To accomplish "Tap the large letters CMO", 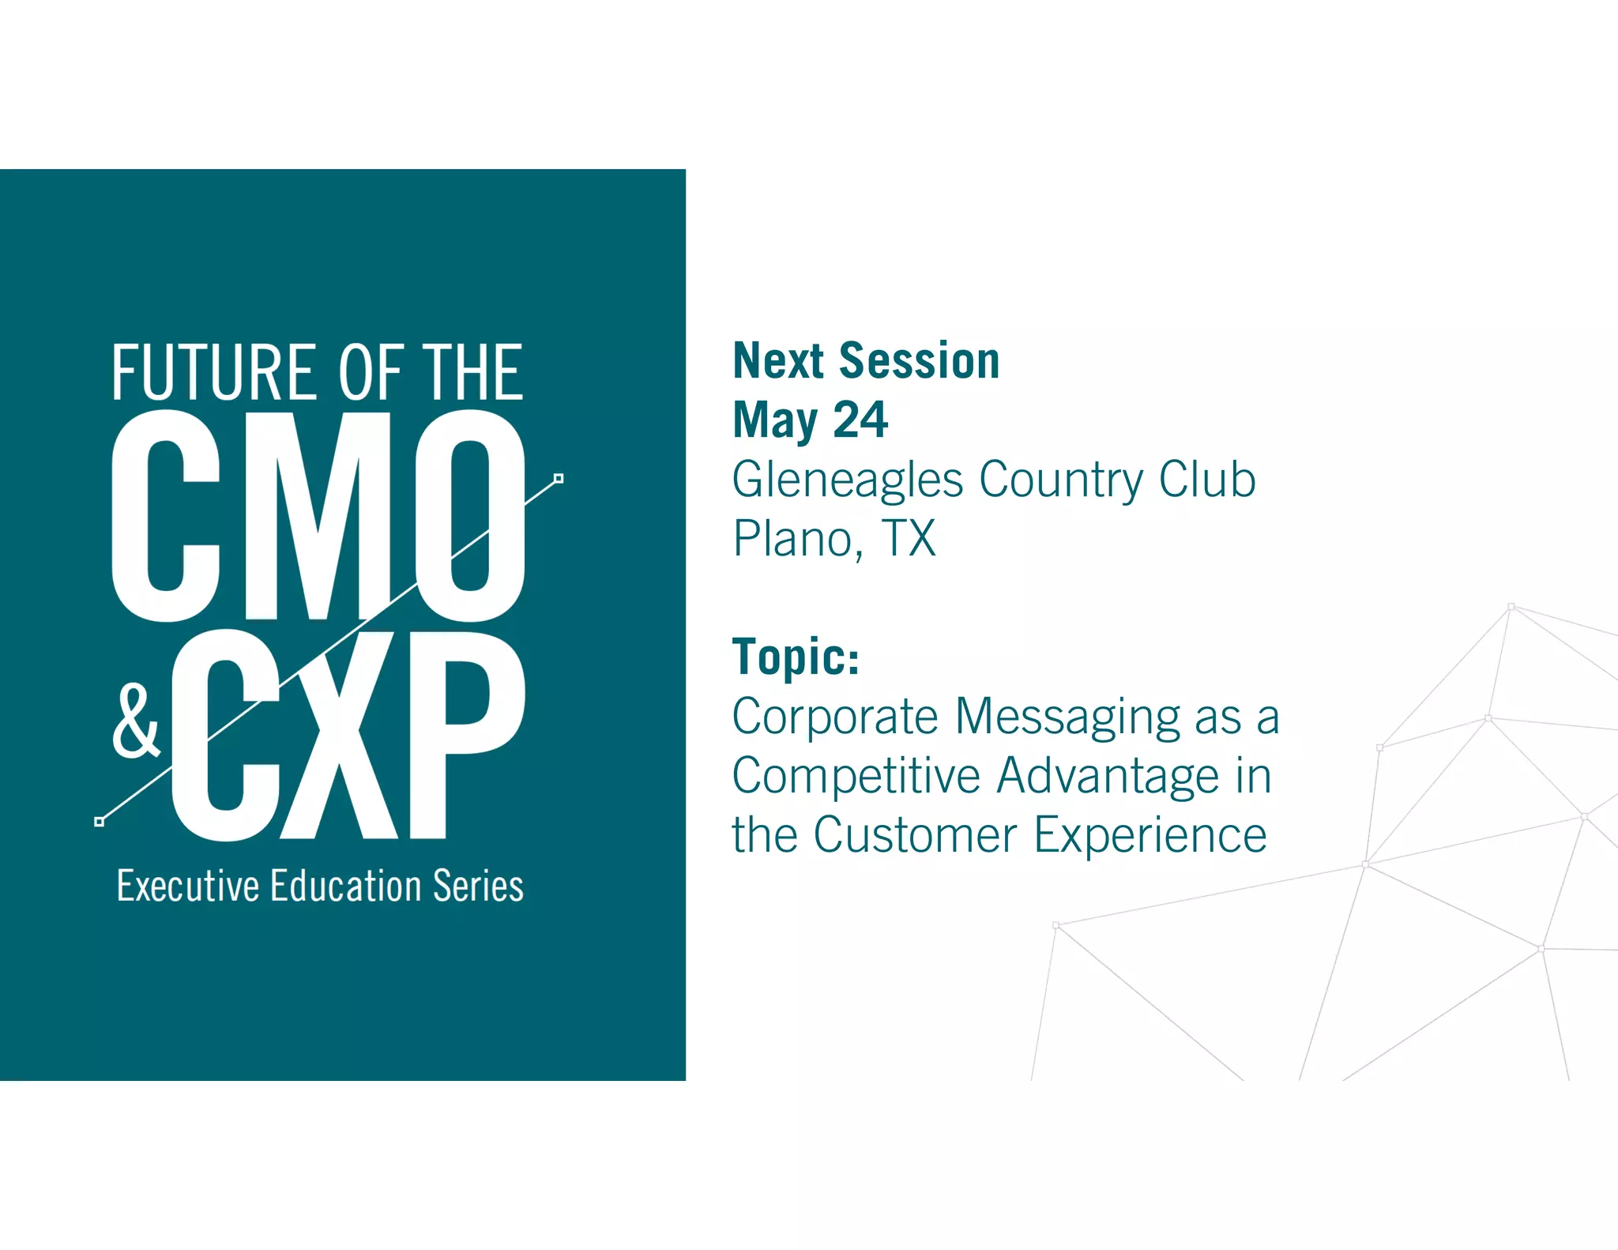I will [318, 515].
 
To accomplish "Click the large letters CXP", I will [348, 735].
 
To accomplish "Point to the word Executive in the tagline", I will [188, 886].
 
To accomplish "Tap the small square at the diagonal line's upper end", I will [559, 478].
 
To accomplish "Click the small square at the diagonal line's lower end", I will [99, 822].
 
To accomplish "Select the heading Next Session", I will [866, 361].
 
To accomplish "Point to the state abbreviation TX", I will [909, 539].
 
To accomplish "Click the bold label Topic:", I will [796, 657].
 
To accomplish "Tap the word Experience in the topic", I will [1150, 836].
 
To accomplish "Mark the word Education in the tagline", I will [345, 886].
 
